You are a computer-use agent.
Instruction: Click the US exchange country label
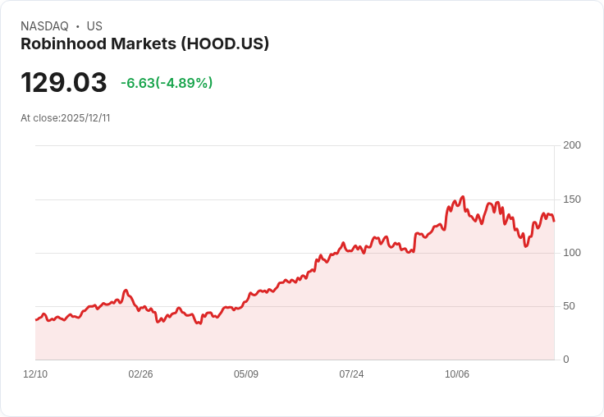point(94,26)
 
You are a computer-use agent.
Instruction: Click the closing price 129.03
point(64,83)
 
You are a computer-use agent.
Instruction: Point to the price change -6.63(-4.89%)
point(167,83)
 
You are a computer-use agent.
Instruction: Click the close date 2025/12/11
point(85,118)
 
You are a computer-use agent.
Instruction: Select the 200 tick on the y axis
point(572,145)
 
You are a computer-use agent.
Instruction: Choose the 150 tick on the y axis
point(572,199)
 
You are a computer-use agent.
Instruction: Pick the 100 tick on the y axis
point(572,253)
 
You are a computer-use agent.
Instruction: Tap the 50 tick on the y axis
point(569,306)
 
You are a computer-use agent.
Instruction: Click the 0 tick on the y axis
point(566,360)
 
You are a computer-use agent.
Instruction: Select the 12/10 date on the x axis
point(35,374)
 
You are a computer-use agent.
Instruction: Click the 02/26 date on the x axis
point(140,374)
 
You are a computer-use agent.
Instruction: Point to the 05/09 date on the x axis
point(246,374)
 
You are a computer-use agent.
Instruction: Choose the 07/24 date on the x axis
point(351,374)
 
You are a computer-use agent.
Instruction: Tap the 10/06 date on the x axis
point(457,374)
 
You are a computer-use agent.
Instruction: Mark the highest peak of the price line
point(463,197)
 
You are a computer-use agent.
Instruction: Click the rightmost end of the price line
point(554,221)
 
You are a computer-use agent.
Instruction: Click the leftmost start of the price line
point(35,319)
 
